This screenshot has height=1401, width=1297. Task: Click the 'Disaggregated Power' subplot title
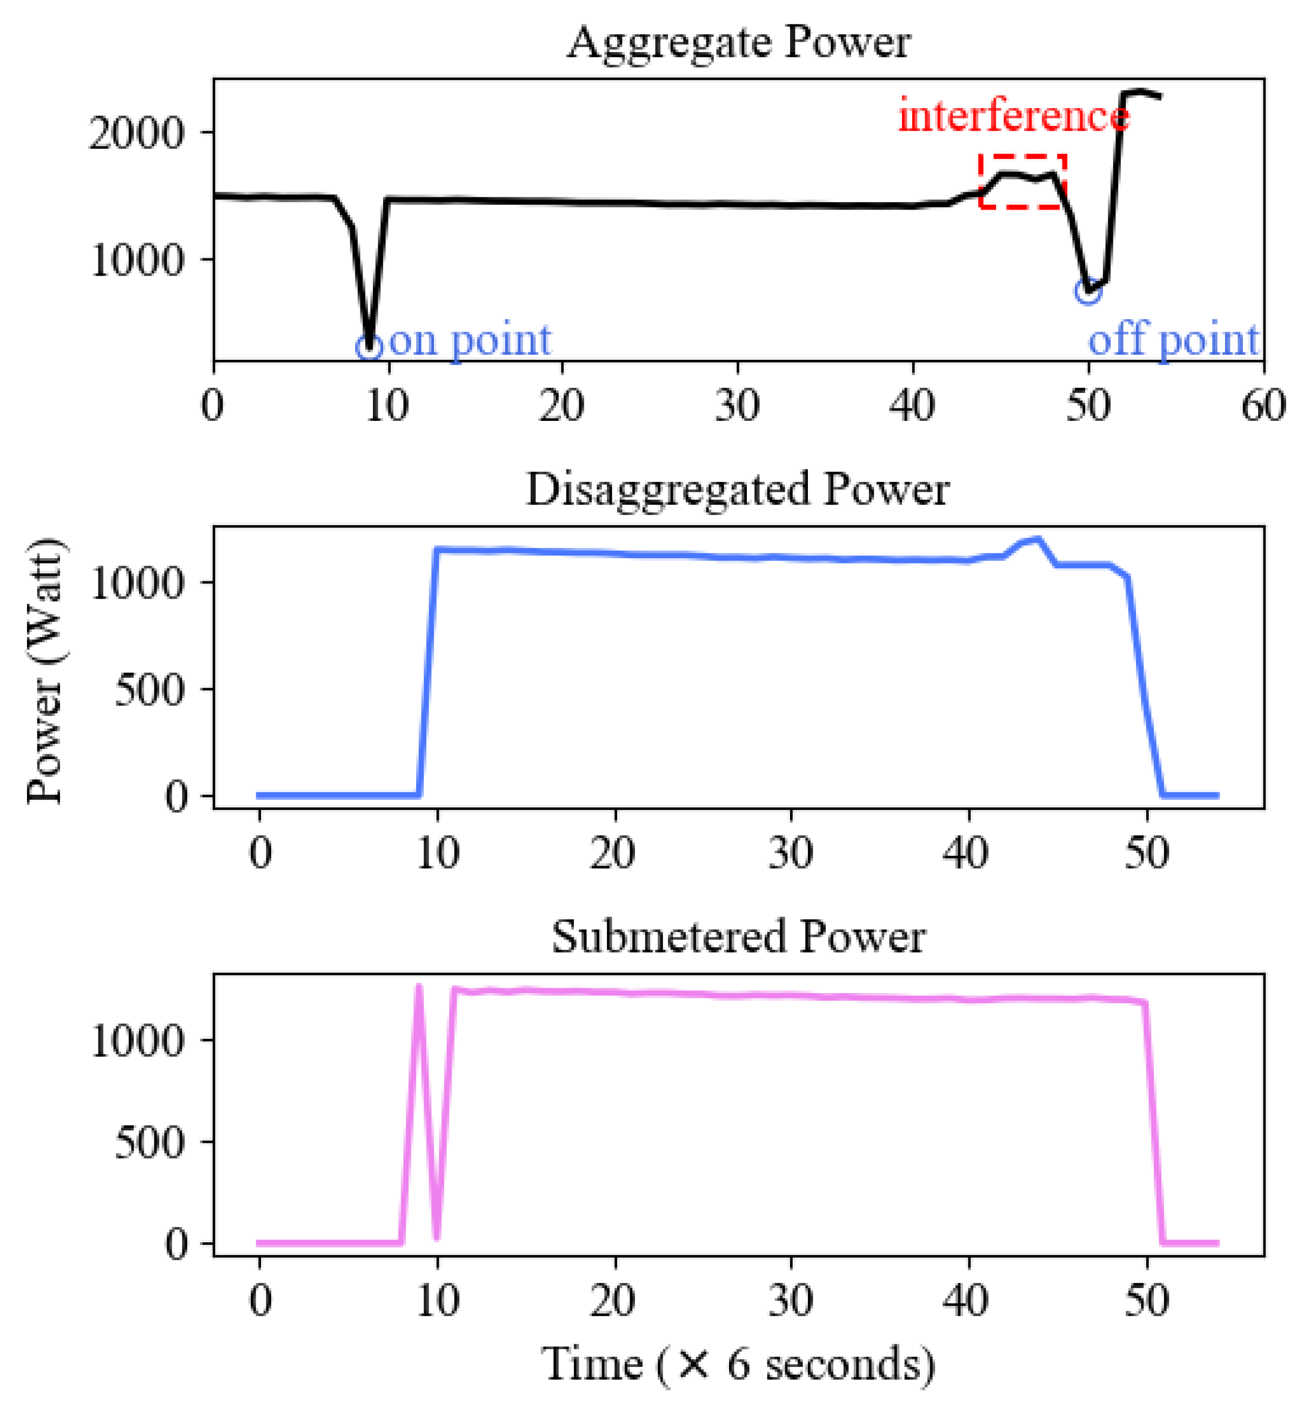(x=738, y=489)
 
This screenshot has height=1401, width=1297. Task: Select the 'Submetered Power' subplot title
(x=738, y=936)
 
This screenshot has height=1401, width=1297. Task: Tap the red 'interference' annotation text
(x=1013, y=116)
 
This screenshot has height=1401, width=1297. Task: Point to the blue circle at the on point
(x=369, y=346)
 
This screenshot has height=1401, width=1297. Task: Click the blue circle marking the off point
(x=1087, y=291)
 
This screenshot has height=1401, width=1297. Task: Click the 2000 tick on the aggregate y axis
(x=136, y=132)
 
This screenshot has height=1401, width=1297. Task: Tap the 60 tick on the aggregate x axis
(x=1263, y=406)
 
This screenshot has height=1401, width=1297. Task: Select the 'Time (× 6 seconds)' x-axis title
(x=738, y=1364)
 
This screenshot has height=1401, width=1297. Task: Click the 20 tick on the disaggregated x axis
(x=613, y=853)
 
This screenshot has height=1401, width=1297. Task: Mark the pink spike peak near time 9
(x=419, y=986)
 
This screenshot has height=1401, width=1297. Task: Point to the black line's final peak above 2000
(x=1140, y=91)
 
